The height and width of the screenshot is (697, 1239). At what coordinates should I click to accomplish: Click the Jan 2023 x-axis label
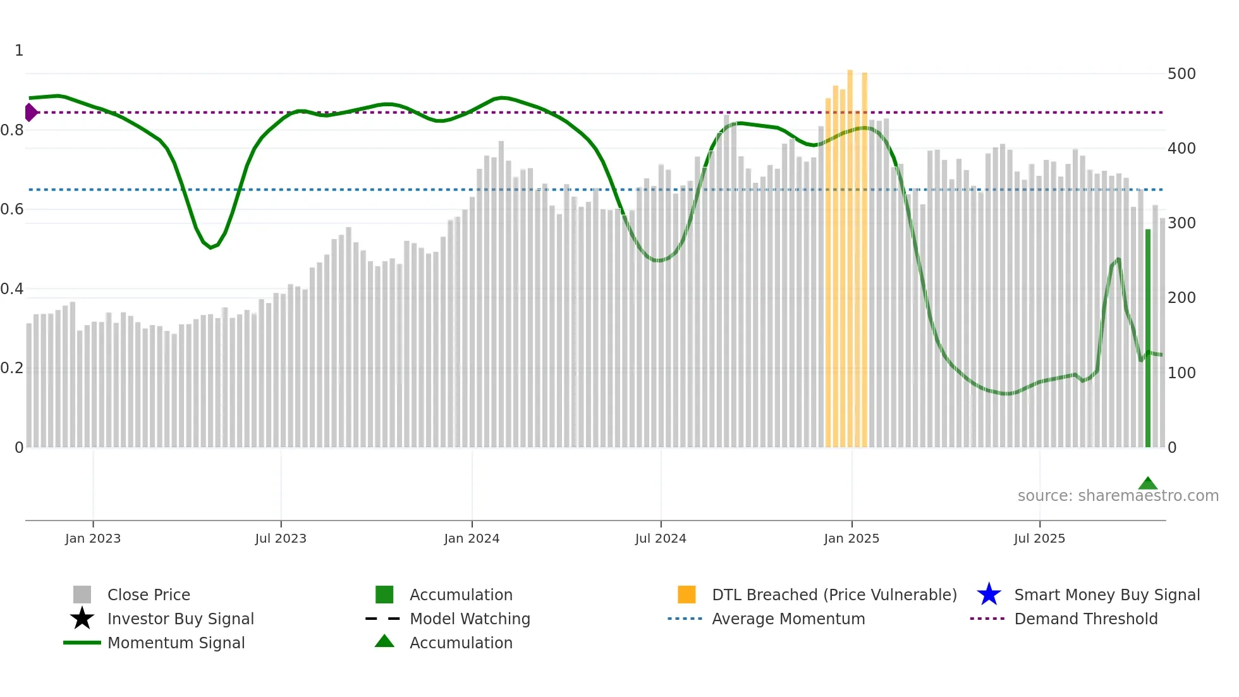92,538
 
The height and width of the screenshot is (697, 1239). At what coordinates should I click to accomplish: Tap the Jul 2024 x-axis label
661,538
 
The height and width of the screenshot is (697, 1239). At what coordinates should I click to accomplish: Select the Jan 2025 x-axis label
851,538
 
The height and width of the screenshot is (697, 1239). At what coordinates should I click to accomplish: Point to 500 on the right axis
1181,74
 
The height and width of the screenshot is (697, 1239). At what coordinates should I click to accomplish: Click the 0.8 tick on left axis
12,130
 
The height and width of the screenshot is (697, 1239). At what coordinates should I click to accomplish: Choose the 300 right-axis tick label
1181,223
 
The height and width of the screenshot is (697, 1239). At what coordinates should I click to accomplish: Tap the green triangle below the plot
1147,484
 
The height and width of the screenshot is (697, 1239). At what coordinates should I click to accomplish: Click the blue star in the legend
989,595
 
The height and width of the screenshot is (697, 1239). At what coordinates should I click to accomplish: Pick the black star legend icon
82,619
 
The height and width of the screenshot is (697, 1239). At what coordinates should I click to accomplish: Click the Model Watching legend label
470,619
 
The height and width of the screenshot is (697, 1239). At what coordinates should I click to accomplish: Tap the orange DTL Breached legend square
687,595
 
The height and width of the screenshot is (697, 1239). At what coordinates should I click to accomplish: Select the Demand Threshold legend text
1085,619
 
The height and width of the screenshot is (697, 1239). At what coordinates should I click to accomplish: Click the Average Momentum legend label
788,619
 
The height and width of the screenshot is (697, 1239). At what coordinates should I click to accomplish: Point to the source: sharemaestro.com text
1118,496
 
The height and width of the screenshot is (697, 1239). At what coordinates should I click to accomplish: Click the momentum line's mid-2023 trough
211,247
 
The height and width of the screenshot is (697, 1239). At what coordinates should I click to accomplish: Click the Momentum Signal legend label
176,643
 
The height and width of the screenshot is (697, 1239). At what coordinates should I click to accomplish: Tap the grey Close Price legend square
82,595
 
